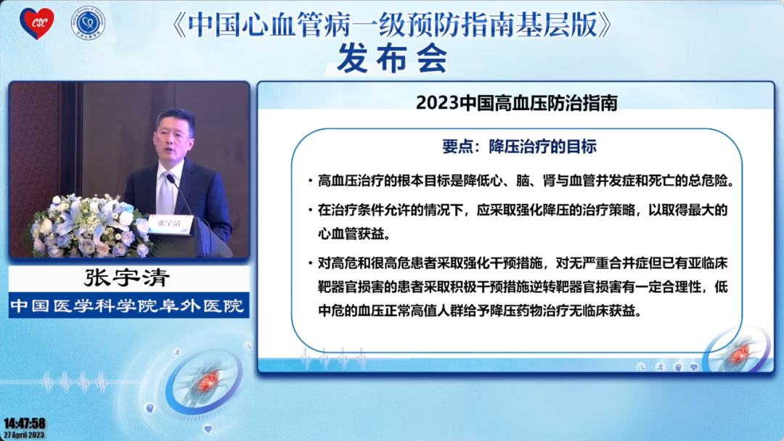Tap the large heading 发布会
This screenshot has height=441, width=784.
392,57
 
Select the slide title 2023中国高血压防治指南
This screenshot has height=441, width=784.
517,102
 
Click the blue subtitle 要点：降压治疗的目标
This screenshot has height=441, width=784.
519,146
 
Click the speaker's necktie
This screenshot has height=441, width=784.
168,191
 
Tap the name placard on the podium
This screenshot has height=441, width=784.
170,223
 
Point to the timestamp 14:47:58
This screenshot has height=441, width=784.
24,423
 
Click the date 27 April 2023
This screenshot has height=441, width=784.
24,434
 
